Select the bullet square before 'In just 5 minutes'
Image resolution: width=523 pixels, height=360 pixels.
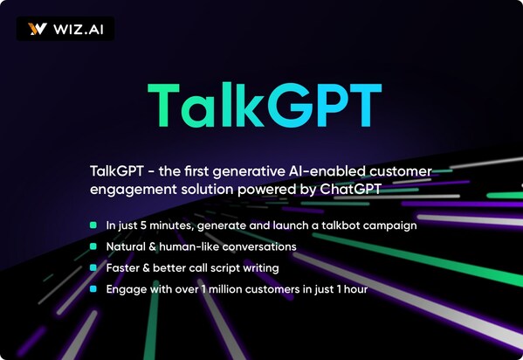coord(93,225)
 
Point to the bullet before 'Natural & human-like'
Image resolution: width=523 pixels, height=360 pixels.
coord(93,246)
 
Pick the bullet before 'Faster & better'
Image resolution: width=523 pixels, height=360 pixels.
coord(93,267)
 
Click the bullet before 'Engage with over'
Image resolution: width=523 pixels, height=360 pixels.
coord(93,288)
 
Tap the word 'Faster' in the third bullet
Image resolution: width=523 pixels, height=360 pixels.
coord(123,267)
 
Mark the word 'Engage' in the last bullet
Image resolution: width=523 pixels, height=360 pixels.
coord(127,289)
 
